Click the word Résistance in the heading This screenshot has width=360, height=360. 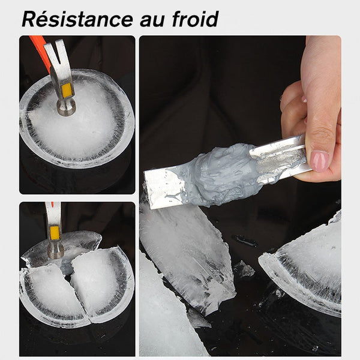pyautogui.click(x=77, y=19)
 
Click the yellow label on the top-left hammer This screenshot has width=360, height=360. pyautogui.click(x=67, y=90)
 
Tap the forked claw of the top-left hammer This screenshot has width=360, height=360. pyautogui.click(x=56, y=52)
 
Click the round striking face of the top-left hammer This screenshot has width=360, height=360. pyautogui.click(x=67, y=109)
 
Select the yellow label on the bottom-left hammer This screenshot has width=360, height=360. pyautogui.click(x=55, y=233)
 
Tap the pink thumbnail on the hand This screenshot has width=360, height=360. pyautogui.click(x=320, y=161)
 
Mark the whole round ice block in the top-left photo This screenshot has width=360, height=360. pyautogui.click(x=77, y=118)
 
